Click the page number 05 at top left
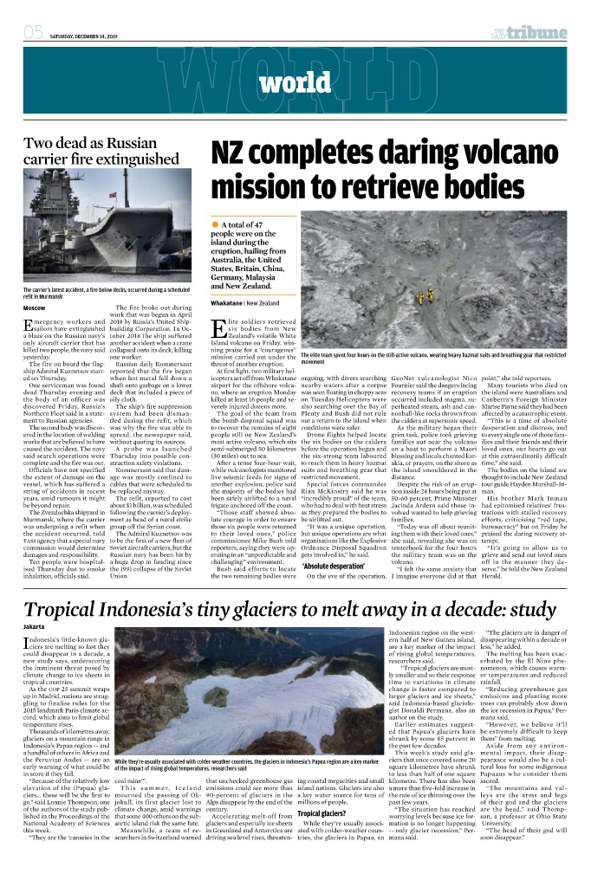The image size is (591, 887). click(x=33, y=34)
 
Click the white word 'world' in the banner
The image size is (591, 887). click(x=293, y=84)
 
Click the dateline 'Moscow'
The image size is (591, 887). click(x=34, y=308)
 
